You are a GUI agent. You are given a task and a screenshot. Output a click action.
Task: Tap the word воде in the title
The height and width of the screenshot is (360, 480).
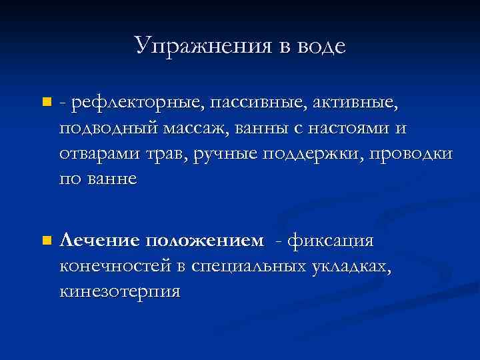coord(319,45)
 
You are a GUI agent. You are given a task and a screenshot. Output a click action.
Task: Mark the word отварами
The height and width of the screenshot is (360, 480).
coord(100,153)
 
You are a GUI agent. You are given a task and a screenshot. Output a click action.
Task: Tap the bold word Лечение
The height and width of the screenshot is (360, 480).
coord(100,240)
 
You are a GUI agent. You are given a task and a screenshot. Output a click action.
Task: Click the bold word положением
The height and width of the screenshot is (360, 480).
coord(206,240)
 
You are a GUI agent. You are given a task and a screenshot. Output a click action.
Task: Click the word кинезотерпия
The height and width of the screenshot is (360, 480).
coord(120,291)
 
